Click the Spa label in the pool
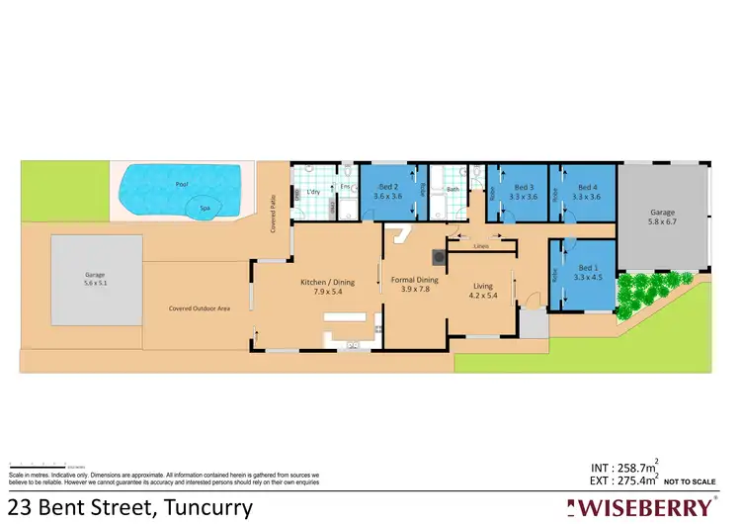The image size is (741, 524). [205, 209]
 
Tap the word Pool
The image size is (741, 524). [180, 185]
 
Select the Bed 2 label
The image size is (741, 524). [387, 187]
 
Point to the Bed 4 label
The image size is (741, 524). [587, 187]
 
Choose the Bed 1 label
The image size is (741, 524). [589, 268]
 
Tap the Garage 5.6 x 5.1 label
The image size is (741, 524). [95, 279]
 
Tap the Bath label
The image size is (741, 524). [453, 189]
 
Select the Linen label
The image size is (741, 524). [481, 245]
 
